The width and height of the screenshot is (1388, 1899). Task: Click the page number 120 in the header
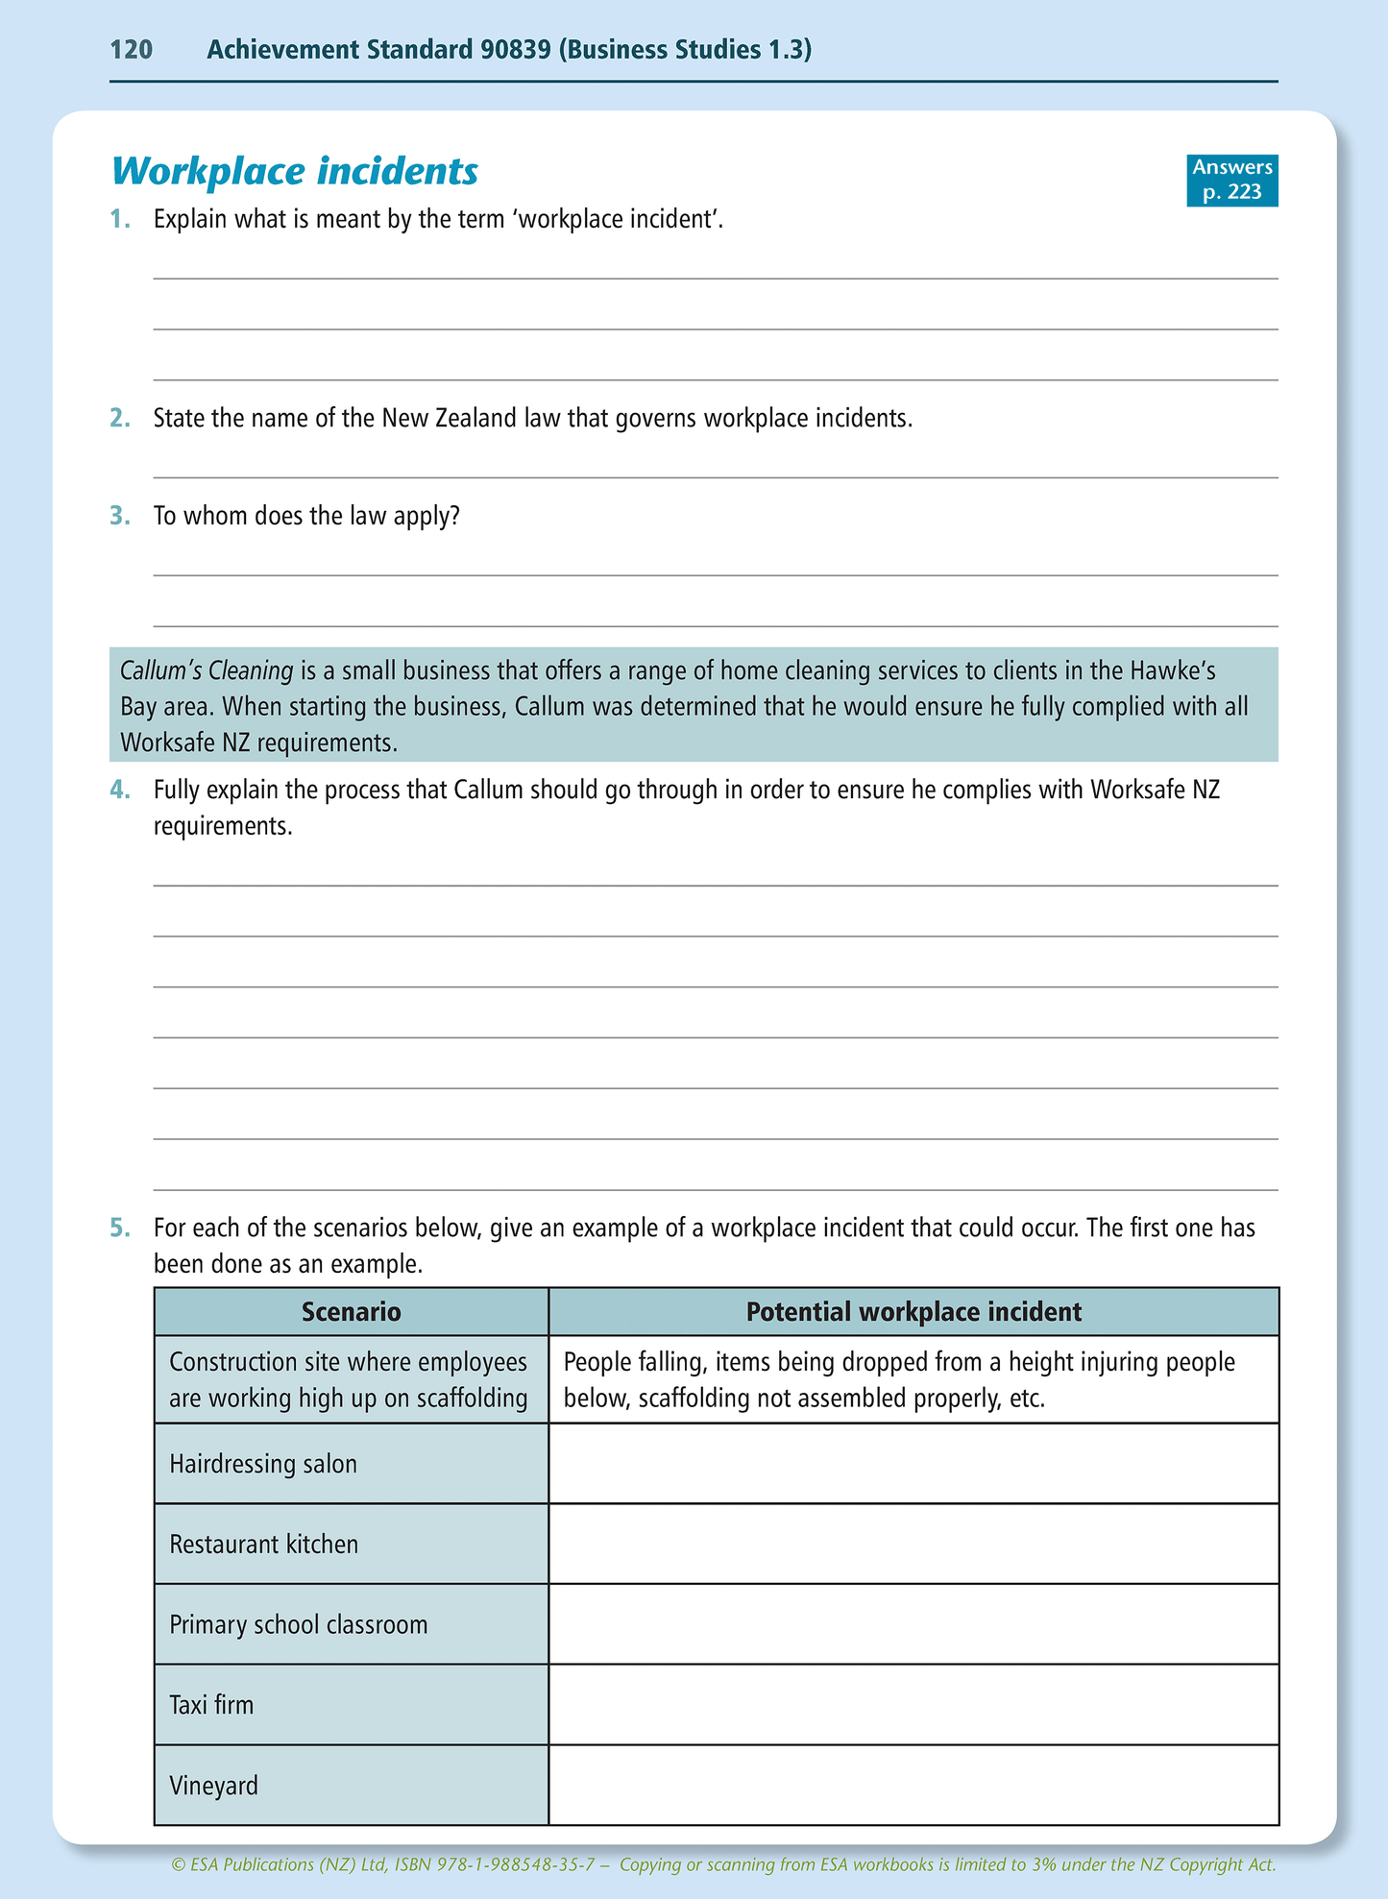pyautogui.click(x=132, y=50)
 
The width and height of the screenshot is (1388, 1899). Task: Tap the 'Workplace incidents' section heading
pyautogui.click(x=295, y=172)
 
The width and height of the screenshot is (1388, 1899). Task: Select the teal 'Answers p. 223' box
pyautogui.click(x=1231, y=180)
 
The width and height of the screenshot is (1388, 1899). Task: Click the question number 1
pyautogui.click(x=119, y=220)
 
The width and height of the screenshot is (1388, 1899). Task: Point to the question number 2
pyautogui.click(x=119, y=419)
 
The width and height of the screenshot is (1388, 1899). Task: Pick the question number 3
pyautogui.click(x=119, y=517)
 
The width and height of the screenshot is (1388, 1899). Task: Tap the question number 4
pyautogui.click(x=119, y=791)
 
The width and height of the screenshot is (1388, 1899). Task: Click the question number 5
pyautogui.click(x=119, y=1229)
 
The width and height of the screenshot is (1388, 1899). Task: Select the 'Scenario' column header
pyautogui.click(x=351, y=1312)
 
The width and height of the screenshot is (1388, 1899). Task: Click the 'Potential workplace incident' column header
pyautogui.click(x=913, y=1312)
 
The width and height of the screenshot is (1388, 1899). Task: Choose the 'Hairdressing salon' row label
pyautogui.click(x=263, y=1464)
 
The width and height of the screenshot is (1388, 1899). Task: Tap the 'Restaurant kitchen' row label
pyautogui.click(x=263, y=1545)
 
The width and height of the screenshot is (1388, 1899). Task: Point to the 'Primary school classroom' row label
pyautogui.click(x=298, y=1625)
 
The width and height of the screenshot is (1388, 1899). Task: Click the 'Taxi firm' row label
pyautogui.click(x=211, y=1706)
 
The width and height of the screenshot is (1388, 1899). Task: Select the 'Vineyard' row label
pyautogui.click(x=213, y=1787)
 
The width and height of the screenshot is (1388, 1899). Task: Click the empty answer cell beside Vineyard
pyautogui.click(x=913, y=1786)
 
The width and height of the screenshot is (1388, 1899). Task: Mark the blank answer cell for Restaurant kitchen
pyautogui.click(x=913, y=1544)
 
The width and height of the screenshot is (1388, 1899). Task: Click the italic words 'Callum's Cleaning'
pyautogui.click(x=207, y=670)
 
